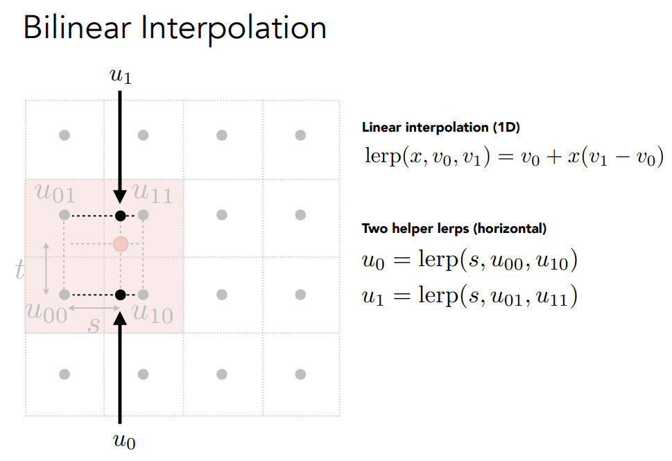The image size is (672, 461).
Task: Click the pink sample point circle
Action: coord(121,244)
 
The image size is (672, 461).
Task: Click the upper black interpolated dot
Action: coord(121,216)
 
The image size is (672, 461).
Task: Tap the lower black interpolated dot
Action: coord(121,295)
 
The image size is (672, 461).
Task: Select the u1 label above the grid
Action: coord(121,76)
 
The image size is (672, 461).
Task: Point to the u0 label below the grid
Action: coord(124,441)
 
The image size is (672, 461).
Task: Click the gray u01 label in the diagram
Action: coord(55,193)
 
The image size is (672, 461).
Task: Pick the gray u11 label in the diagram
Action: coord(153,193)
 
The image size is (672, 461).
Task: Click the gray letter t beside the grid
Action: coord(19,270)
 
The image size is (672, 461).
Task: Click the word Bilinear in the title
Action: coord(77,28)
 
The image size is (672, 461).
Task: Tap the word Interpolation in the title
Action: coord(234,29)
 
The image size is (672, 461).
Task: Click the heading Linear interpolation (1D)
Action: coord(440,128)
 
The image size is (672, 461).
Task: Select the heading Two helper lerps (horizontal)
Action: coord(454,228)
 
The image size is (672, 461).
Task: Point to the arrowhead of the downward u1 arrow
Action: coord(120,195)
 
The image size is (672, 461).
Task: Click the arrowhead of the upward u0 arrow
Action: coord(120,319)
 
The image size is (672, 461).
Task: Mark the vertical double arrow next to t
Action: coord(46,269)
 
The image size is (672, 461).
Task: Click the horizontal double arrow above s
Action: coord(94,308)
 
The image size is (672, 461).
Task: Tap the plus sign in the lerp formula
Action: coord(553,157)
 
